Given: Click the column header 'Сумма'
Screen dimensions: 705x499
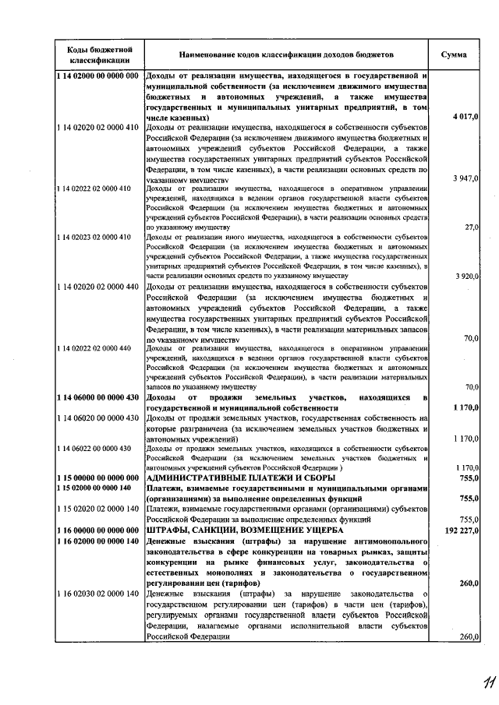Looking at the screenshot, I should click(x=455, y=55).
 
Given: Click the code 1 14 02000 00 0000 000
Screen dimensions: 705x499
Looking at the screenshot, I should click(x=98, y=76).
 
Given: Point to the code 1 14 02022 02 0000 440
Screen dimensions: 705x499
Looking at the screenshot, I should click(x=93, y=347).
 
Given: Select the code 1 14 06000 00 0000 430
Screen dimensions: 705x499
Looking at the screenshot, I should click(x=97, y=398).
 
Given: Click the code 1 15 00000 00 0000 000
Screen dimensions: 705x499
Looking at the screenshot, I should click(x=97, y=478).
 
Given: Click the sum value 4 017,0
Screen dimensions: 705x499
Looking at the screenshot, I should click(x=465, y=116).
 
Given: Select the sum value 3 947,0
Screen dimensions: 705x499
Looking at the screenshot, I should click(x=465, y=178).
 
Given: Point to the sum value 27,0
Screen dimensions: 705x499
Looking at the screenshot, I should click(x=471, y=227).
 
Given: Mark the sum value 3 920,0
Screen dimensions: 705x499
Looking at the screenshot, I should click(x=465, y=277).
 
